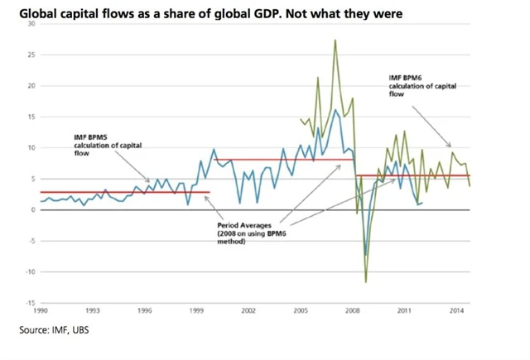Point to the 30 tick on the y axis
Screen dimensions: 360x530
pos(30,24)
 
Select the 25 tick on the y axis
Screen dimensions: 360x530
pos(30,55)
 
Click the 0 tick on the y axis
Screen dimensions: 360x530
pos(31,210)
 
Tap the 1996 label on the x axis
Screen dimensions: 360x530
pos(145,310)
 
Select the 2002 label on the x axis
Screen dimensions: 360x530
pos(248,310)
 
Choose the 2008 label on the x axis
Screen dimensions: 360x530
pos(352,310)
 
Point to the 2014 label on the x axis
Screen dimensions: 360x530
pos(455,310)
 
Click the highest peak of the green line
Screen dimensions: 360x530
pos(335,40)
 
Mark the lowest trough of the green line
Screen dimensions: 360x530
pos(366,282)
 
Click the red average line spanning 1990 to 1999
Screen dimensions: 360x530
pos(124,191)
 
